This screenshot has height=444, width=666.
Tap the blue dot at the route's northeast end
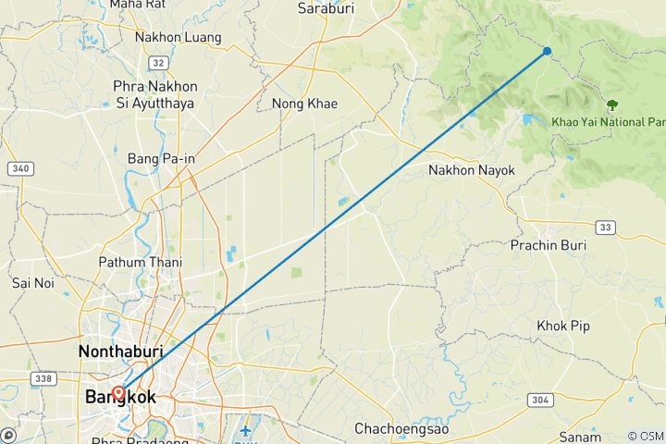point(548,51)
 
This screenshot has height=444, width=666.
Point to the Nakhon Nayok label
point(471,170)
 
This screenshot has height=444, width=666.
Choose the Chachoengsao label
point(398,428)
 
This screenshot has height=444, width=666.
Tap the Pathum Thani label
point(141,263)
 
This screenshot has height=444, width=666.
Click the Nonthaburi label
point(120,351)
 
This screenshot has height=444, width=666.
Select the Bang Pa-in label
point(162,158)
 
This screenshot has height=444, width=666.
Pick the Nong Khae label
point(304,104)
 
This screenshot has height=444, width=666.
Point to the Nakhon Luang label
point(178,38)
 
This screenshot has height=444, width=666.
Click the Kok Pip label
point(563,326)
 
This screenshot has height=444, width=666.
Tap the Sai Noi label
point(31,282)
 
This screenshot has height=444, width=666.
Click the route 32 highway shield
point(158,63)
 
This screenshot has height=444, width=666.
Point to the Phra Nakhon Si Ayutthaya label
point(154,94)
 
